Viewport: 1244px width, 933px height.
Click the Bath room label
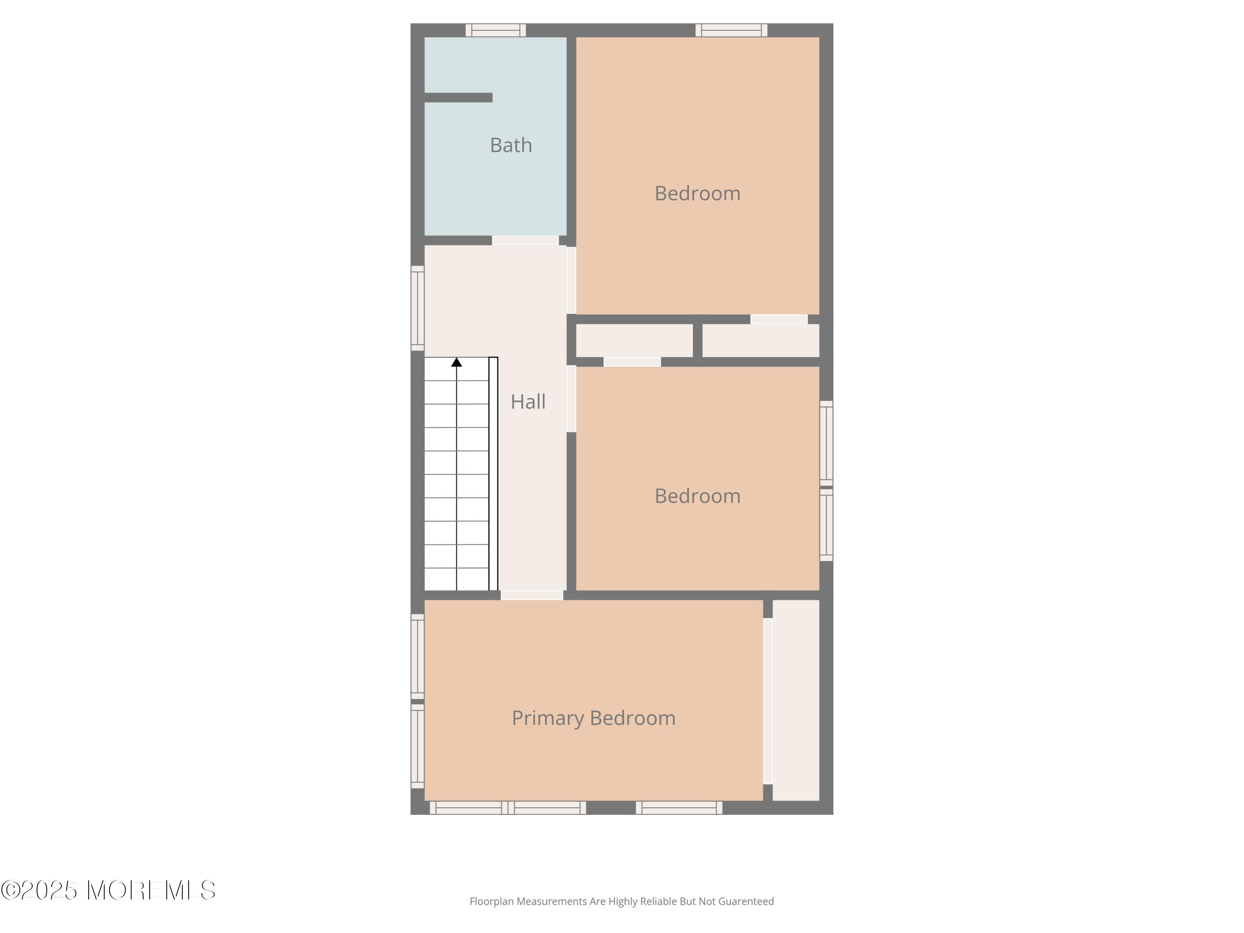click(510, 145)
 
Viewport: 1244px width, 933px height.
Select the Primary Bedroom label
click(593, 718)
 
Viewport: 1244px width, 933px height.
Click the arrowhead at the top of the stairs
click(457, 362)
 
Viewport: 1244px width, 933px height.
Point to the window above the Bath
click(496, 30)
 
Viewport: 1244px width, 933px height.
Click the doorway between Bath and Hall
click(525, 241)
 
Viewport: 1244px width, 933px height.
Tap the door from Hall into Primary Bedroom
click(532, 595)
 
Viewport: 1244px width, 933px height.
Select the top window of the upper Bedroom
click(731, 30)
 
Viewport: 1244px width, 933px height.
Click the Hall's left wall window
click(417, 308)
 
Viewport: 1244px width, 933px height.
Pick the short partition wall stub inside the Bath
click(458, 98)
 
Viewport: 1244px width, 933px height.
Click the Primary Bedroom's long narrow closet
click(796, 700)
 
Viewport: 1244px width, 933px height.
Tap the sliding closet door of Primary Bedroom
click(768, 701)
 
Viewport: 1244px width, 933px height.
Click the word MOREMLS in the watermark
click(151, 890)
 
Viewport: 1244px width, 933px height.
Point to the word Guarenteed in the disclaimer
click(746, 901)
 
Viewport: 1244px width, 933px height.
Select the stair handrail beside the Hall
click(493, 474)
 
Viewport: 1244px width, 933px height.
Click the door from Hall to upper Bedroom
click(571, 280)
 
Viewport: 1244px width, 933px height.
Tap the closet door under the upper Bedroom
click(779, 319)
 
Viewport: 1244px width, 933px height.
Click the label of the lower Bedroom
click(697, 496)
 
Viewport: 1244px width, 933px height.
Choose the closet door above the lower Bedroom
click(632, 362)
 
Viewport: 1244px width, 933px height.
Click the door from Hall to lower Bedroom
click(571, 399)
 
